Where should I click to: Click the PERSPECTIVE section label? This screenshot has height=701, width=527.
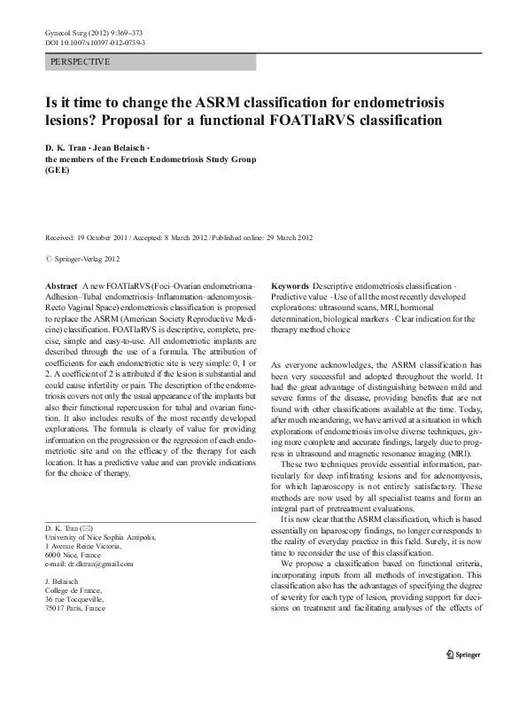tap(81, 63)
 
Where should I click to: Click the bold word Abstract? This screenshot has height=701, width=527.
tap(60, 288)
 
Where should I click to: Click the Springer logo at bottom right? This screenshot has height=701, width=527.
tap(461, 680)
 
